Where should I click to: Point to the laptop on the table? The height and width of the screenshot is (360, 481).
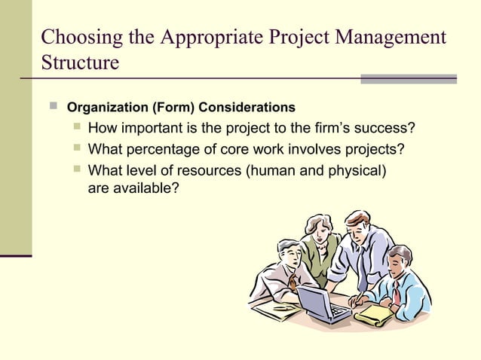[x=320, y=301]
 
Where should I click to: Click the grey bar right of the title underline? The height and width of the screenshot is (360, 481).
[x=408, y=78]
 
